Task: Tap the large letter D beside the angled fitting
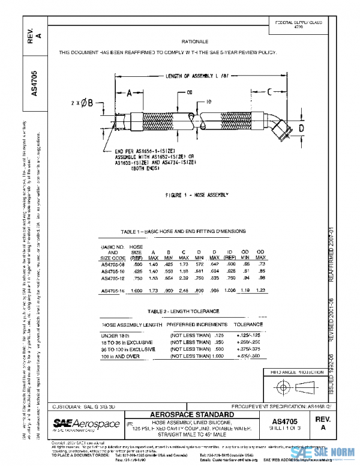click(x=302, y=129)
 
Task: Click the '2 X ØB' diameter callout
click(x=82, y=103)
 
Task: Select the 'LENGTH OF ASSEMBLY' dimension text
click(x=195, y=76)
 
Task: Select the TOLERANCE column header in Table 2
click(x=248, y=324)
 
